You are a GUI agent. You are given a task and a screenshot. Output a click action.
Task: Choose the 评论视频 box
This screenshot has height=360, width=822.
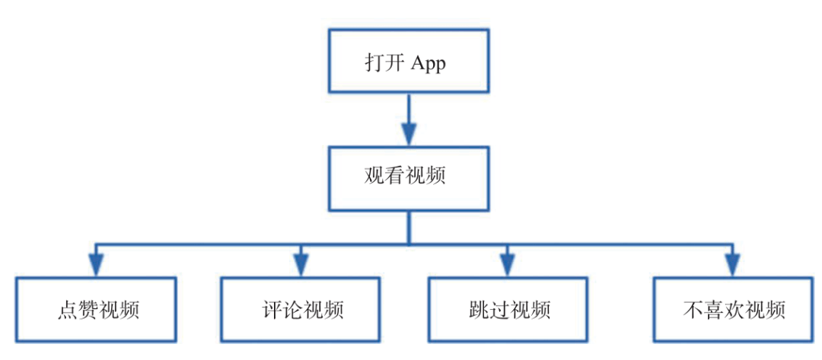pos(301,310)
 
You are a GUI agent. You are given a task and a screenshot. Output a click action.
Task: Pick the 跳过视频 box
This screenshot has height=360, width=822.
pos(508,310)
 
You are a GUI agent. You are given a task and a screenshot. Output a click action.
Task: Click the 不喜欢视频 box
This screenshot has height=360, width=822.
pos(732,310)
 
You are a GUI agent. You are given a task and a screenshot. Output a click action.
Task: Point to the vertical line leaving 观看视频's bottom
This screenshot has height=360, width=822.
pos(409,228)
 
